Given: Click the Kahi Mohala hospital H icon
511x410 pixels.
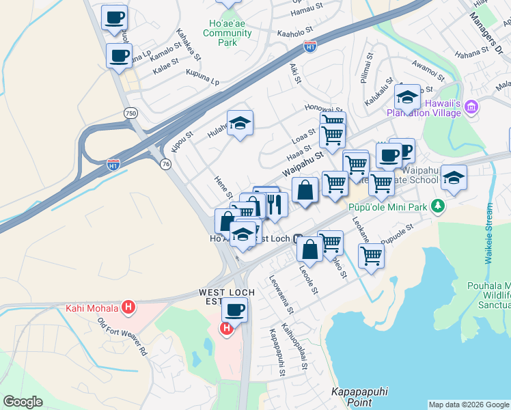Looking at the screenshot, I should pyautogui.click(x=128, y=308).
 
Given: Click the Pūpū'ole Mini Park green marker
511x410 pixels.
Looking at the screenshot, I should pyautogui.click(x=440, y=206).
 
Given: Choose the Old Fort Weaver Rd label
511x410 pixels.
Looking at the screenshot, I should pyautogui.click(x=122, y=337).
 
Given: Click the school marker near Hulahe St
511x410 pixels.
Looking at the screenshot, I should pyautogui.click(x=240, y=123).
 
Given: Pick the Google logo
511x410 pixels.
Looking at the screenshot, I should pyautogui.click(x=23, y=402).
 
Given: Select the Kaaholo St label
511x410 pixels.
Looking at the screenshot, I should pyautogui.click(x=294, y=31).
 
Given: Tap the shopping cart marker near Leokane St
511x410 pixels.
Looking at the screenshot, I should pyautogui.click(x=371, y=256).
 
